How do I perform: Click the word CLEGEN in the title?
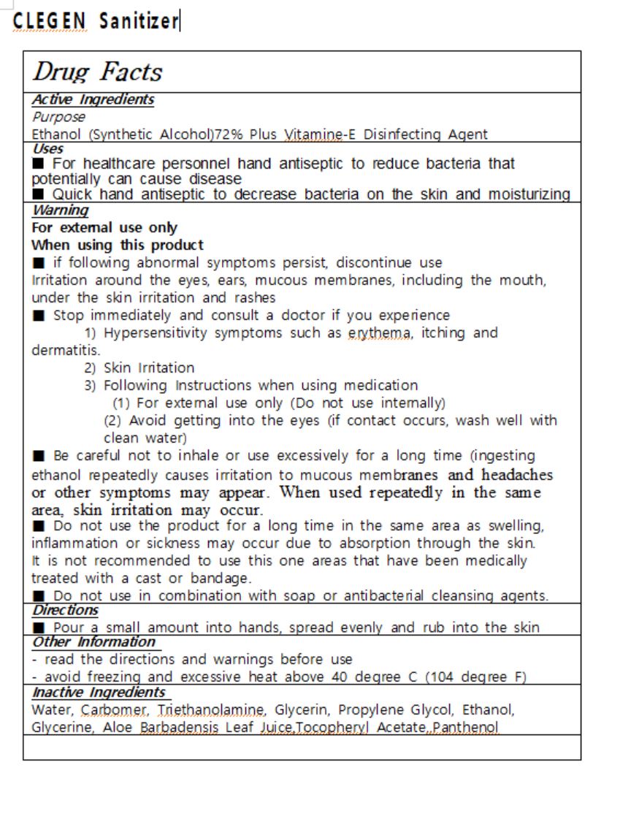[x=49, y=21]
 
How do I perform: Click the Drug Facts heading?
[x=97, y=72]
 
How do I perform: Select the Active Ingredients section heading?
[x=93, y=99]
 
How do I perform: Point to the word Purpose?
[x=58, y=117]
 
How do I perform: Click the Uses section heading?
[x=48, y=148]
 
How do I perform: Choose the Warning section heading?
[x=60, y=210]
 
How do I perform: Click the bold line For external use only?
[x=104, y=228]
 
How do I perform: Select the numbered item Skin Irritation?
[x=149, y=367]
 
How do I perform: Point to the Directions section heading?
[x=65, y=610]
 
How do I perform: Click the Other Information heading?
[x=93, y=641]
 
